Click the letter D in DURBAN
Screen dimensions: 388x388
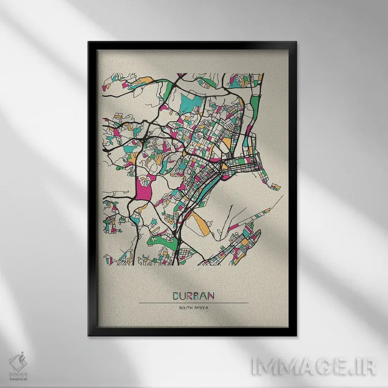pos(175,296)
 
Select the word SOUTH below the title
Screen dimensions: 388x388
pos(186,308)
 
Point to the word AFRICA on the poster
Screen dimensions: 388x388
pos(202,308)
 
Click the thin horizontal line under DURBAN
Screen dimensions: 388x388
pos(193,303)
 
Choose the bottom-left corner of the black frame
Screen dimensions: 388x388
pos(89,335)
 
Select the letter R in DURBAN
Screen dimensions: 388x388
pos(190,296)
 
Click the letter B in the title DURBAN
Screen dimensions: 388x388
pos(197,296)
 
